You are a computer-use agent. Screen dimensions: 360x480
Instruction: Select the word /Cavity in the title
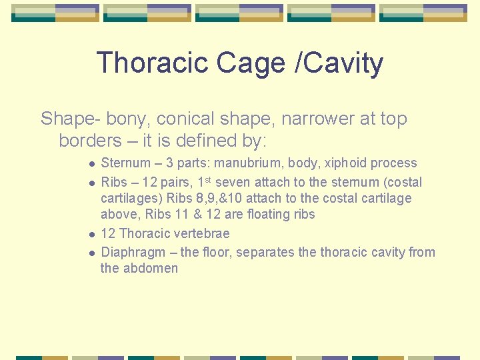coord(341,64)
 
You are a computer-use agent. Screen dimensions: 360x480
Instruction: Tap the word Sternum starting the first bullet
coord(125,163)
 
